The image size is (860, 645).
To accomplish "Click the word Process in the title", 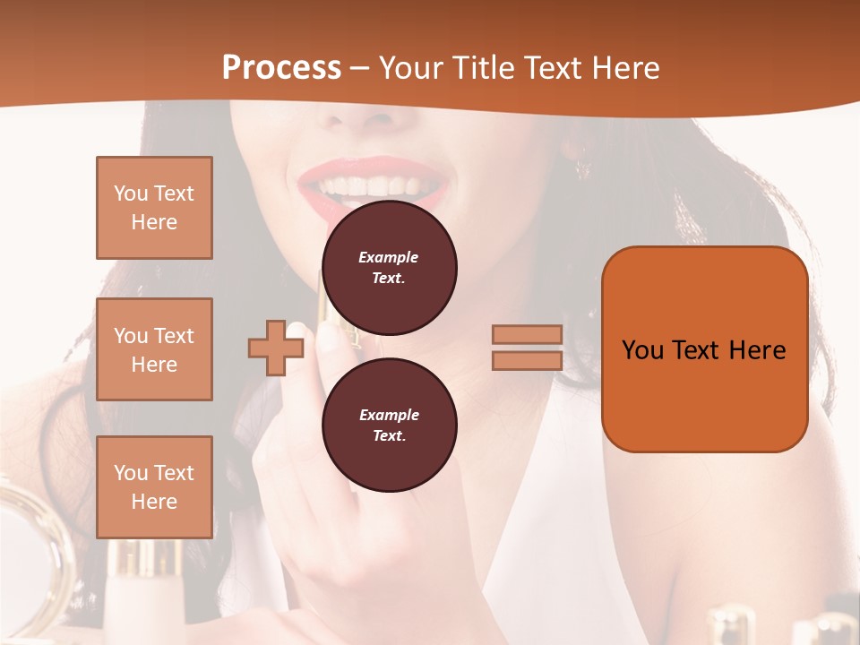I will (x=281, y=68).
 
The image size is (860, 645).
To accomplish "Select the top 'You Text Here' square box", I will (x=154, y=208).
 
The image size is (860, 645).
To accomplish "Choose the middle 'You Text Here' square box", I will (x=154, y=349).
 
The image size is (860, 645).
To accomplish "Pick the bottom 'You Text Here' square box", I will (x=154, y=486).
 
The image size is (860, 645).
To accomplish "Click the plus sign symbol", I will (x=275, y=348).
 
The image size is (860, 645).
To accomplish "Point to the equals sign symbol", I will (x=527, y=348).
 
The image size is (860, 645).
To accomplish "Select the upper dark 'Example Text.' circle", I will (x=390, y=267).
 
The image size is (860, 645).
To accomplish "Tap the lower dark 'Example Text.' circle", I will (x=390, y=425).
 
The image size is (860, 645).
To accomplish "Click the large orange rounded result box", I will (x=704, y=348).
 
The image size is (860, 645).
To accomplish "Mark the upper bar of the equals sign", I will (x=527, y=335).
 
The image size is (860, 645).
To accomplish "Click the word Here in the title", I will (x=624, y=68).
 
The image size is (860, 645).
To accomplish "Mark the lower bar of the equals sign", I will (x=527, y=360).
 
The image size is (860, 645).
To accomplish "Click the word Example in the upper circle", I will (x=389, y=257).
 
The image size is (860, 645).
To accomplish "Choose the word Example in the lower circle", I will (x=389, y=415).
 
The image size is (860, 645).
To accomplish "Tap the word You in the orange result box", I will (x=643, y=349).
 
